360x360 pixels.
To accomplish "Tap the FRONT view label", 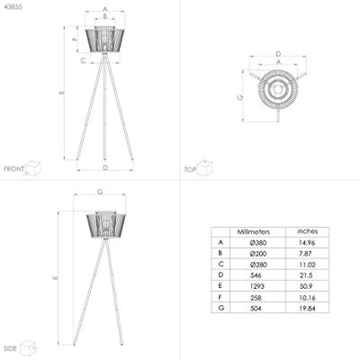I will point(13,169).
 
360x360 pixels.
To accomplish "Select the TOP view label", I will point(190,169).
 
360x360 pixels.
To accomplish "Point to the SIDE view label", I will point(11,347).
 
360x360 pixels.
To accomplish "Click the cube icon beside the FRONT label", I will point(34,167).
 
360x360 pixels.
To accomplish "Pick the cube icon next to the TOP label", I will point(205,166).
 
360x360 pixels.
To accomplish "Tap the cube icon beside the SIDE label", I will point(30,345).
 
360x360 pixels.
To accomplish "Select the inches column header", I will point(307,231).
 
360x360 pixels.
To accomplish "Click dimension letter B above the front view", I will point(105,21).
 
